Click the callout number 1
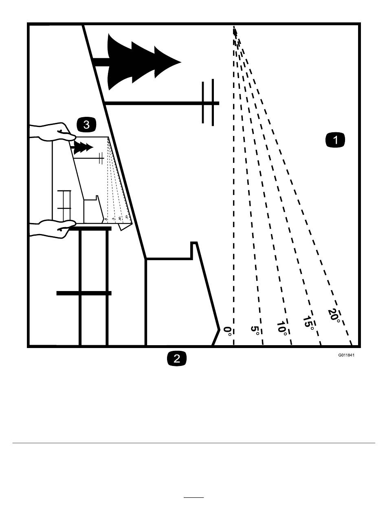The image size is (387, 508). point(335,140)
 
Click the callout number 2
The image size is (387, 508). point(177,359)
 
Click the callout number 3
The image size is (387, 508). point(86,125)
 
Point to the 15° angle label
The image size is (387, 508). point(308,323)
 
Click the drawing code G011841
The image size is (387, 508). point(346,355)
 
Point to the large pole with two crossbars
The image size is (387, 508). point(208,103)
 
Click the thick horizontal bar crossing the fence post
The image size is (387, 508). point(84,293)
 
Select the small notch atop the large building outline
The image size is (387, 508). point(194,245)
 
